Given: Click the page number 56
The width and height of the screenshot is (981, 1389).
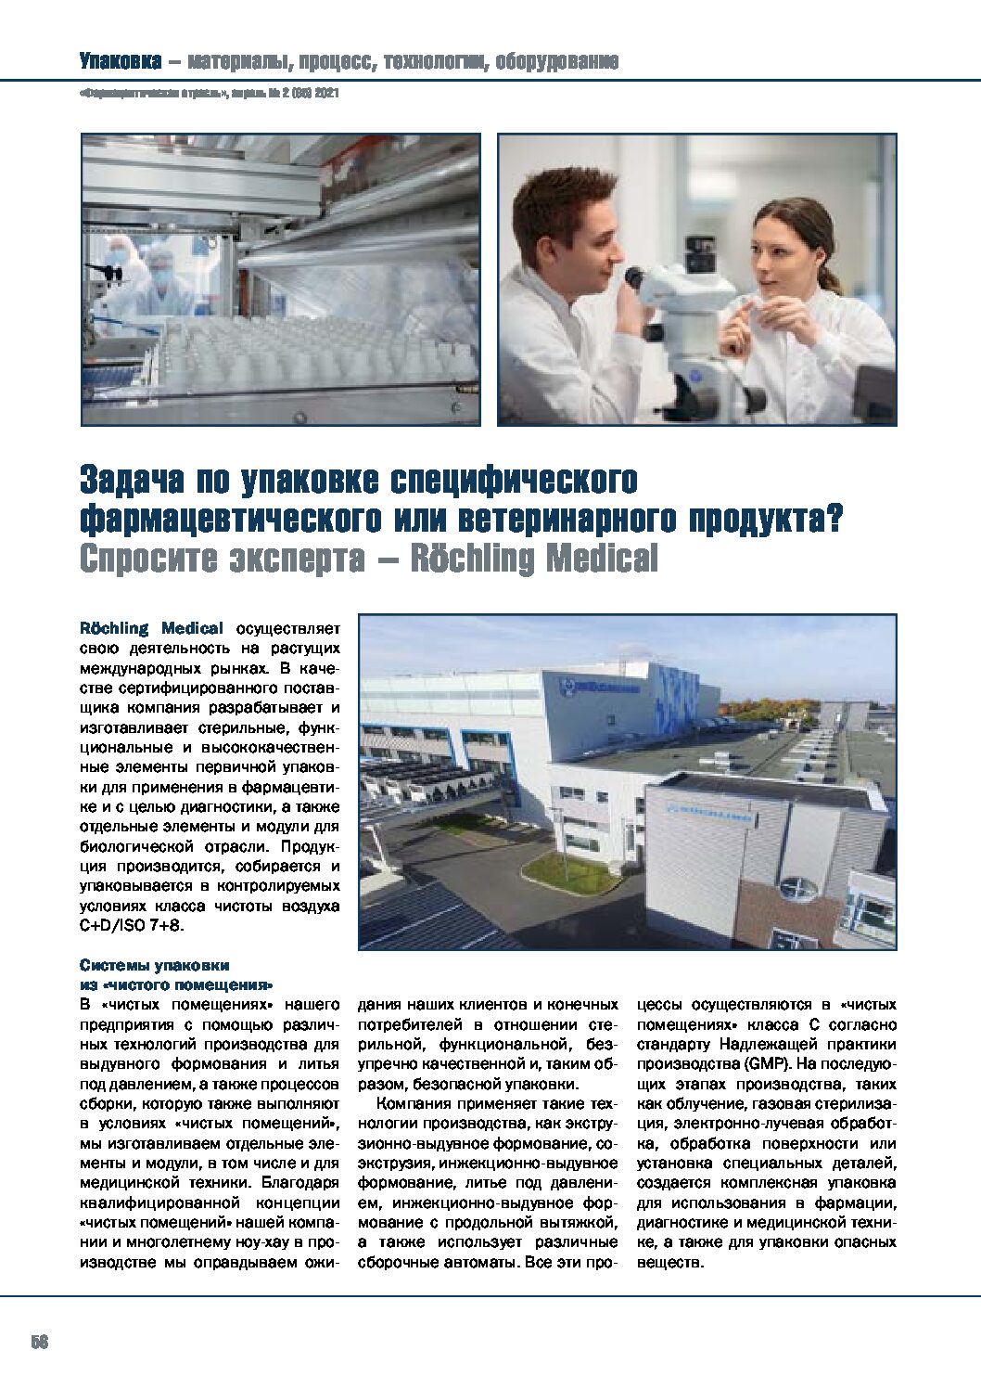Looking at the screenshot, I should pyautogui.click(x=38, y=1343).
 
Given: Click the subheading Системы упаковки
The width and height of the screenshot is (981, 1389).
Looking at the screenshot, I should pyautogui.click(x=153, y=964).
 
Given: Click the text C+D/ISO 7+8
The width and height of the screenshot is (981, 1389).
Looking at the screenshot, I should pyautogui.click(x=135, y=926).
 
